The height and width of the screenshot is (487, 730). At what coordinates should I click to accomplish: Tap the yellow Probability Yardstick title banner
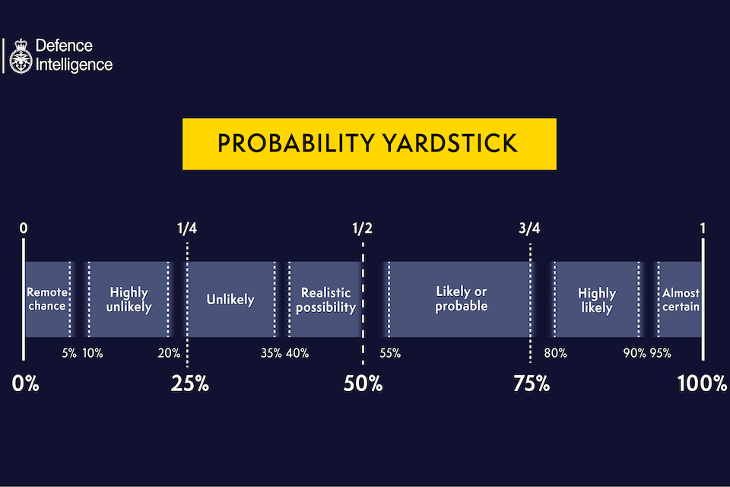(x=369, y=143)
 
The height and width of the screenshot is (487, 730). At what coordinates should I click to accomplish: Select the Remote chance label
(x=47, y=299)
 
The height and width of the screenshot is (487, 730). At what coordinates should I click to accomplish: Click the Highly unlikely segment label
(x=129, y=300)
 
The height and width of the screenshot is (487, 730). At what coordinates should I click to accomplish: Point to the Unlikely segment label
(x=230, y=299)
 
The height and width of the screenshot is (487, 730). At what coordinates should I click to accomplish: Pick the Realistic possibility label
(x=325, y=300)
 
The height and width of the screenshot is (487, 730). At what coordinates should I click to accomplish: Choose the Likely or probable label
(x=461, y=299)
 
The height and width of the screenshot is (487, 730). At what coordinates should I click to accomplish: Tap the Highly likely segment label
(x=596, y=300)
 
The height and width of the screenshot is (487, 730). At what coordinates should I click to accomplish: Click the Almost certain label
(x=681, y=299)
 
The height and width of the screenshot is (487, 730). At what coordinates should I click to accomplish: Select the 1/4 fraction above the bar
(x=187, y=228)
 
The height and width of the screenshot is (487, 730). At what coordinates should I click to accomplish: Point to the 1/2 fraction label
(x=363, y=228)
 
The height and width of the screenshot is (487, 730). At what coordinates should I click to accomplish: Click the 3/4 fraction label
(x=529, y=228)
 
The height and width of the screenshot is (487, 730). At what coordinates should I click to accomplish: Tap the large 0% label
(x=26, y=384)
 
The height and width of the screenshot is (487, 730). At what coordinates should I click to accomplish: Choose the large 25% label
(x=189, y=384)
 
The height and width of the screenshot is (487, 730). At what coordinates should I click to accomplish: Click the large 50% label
(x=363, y=384)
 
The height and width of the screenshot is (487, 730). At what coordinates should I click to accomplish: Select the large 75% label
(x=531, y=384)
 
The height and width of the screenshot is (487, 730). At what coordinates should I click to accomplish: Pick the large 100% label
(x=702, y=384)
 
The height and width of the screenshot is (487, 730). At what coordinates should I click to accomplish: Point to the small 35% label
(x=271, y=353)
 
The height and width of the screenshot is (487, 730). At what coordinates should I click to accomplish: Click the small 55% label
(x=389, y=353)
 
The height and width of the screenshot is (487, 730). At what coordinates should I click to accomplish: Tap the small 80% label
(x=555, y=353)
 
